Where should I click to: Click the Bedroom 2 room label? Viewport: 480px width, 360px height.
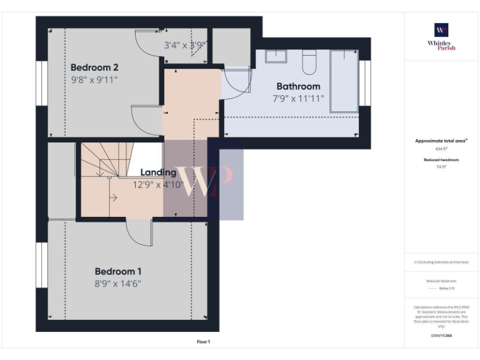[94, 67]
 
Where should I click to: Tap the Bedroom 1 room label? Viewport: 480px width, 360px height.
[118, 271]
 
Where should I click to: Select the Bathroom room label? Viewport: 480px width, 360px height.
[298, 86]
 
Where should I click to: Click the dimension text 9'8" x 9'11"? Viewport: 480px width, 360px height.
[94, 80]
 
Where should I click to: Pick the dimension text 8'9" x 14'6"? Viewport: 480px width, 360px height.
[118, 284]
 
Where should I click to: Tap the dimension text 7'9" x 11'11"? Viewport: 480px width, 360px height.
[298, 99]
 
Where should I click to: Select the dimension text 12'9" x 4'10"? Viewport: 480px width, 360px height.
[157, 185]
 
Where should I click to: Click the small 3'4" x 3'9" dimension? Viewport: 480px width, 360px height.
[185, 45]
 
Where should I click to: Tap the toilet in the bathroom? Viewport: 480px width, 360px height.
[309, 61]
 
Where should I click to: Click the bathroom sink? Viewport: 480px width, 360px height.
[275, 56]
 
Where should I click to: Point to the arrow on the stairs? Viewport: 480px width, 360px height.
[113, 199]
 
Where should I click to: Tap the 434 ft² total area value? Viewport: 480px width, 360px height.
[441, 149]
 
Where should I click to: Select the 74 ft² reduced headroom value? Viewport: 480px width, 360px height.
[441, 167]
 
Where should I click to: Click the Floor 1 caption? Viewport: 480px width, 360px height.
[204, 342]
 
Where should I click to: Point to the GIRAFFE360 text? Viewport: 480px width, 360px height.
[441, 336]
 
